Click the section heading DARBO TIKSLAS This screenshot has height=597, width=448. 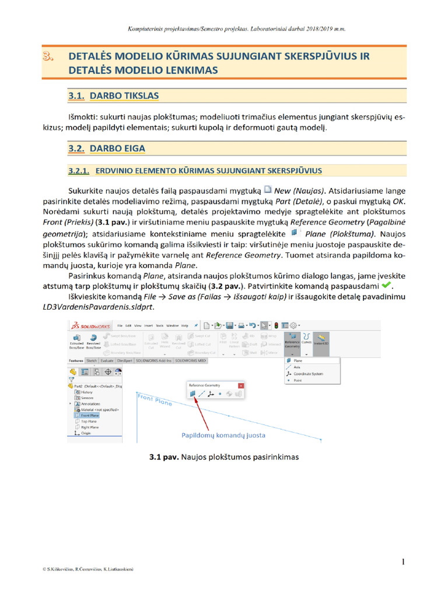tap(124, 95)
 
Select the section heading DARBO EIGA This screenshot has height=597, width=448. tap(117, 149)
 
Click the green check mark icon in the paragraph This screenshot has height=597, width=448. tap(386, 286)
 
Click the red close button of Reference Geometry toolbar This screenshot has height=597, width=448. tap(241, 385)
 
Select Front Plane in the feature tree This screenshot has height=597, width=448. tap(90, 415)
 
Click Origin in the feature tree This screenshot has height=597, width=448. tap(86, 433)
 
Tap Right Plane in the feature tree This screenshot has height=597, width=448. tap(90, 427)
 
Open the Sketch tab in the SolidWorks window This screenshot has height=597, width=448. tap(92, 361)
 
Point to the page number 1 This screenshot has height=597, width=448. tap(403, 561)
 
